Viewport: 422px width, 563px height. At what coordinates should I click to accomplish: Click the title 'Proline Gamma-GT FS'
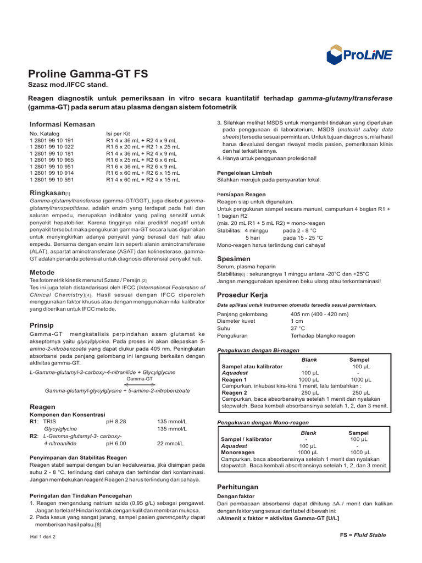pos(88,74)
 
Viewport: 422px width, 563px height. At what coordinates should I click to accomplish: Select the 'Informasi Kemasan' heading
pos(62,124)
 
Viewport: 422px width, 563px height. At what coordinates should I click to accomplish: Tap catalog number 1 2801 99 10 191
pos(52,141)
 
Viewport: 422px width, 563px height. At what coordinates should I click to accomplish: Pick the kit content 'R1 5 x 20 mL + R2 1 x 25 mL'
pos(143,147)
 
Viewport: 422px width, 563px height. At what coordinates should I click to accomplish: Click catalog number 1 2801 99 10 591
pos(52,179)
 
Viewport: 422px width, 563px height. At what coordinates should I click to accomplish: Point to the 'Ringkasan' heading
pos(47,193)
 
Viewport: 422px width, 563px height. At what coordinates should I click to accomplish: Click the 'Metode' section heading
pos(42,272)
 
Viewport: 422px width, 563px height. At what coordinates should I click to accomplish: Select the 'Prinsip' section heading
pos(41,325)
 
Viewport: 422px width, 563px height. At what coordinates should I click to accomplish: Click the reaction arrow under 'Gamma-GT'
pos(140,384)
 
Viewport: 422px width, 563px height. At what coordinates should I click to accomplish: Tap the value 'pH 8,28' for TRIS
pos(116,421)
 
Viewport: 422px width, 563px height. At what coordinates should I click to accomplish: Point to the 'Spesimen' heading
pos(234,258)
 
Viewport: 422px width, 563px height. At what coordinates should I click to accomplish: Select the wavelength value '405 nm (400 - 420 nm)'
pos(319,314)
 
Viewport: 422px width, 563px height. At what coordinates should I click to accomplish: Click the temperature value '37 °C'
pos(298,328)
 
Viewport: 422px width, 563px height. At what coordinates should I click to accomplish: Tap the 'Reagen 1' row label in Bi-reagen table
pos(234,379)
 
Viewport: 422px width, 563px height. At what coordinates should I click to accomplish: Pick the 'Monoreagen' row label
pos(238,451)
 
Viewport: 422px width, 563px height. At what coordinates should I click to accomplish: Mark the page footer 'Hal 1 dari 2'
pos(43,537)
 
